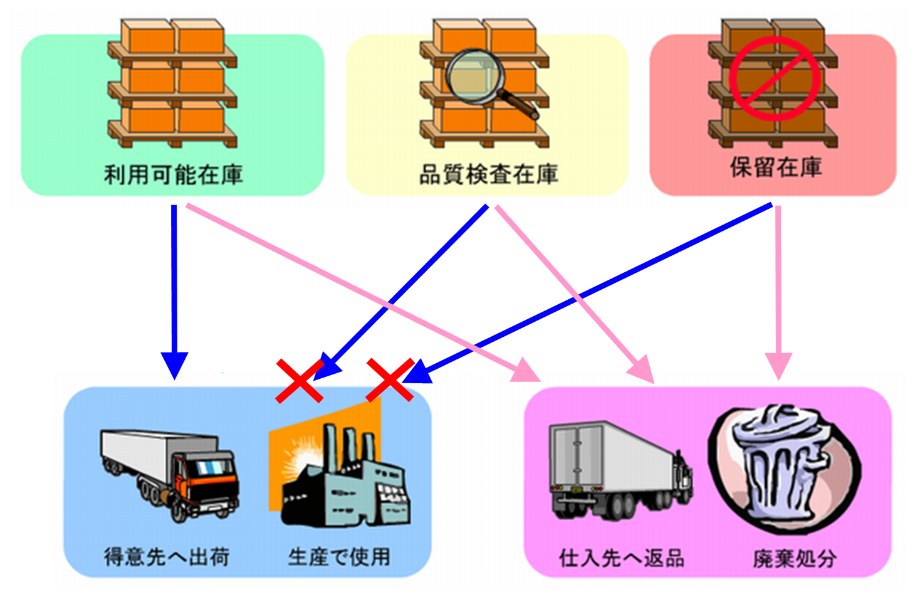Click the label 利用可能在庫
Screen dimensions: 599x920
tap(173, 174)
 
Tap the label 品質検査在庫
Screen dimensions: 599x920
tap(488, 174)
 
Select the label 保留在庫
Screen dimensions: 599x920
tap(775, 167)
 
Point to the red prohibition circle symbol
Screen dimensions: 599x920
tap(775, 78)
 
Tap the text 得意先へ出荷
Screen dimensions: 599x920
tap(167, 556)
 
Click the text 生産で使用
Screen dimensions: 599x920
tap(339, 556)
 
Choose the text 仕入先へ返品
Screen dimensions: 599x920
tap(621, 557)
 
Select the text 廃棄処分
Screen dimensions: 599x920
tap(794, 557)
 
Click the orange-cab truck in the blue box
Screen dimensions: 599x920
tap(170, 474)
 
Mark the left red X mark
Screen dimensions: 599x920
tap(300, 380)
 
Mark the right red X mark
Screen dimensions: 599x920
tap(390, 380)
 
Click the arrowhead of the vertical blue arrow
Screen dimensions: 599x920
tap(174, 364)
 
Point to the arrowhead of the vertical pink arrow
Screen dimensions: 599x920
tap(779, 366)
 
